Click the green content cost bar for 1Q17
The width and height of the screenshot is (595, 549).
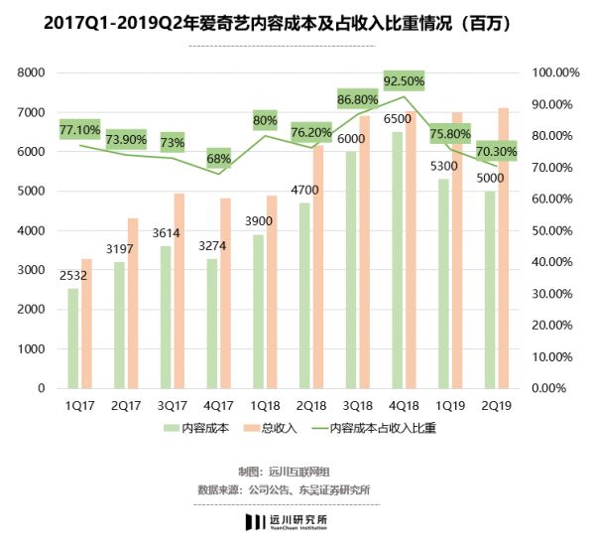[72, 338]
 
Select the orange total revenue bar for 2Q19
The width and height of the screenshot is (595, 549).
[504, 248]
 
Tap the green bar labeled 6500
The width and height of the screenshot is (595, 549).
[398, 258]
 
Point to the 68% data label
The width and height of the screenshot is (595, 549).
[218, 158]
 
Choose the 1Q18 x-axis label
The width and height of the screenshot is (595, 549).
[264, 405]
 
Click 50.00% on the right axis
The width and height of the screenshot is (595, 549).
[553, 230]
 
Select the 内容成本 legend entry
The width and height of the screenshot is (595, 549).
[198, 429]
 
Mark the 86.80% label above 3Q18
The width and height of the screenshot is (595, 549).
[357, 99]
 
